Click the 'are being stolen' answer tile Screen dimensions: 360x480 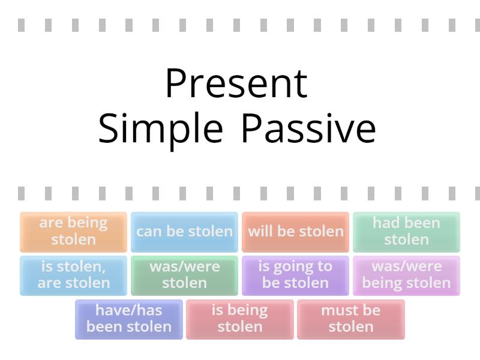(x=73, y=232)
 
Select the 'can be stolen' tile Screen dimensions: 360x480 (x=184, y=232)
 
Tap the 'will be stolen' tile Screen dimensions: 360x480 (x=295, y=232)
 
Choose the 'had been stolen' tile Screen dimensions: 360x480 (x=406, y=232)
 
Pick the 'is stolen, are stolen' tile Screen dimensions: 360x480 (x=73, y=275)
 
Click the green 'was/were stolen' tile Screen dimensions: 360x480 (x=184, y=275)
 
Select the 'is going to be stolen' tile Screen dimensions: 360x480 (x=295, y=275)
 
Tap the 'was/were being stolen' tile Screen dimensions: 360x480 (x=406, y=275)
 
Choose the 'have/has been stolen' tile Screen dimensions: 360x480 (x=129, y=319)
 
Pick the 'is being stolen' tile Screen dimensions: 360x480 (x=240, y=319)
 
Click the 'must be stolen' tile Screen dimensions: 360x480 (x=351, y=319)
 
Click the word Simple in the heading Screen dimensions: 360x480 (x=160, y=128)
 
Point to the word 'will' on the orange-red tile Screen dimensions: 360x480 (x=261, y=232)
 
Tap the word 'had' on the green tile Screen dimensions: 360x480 (x=385, y=223)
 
